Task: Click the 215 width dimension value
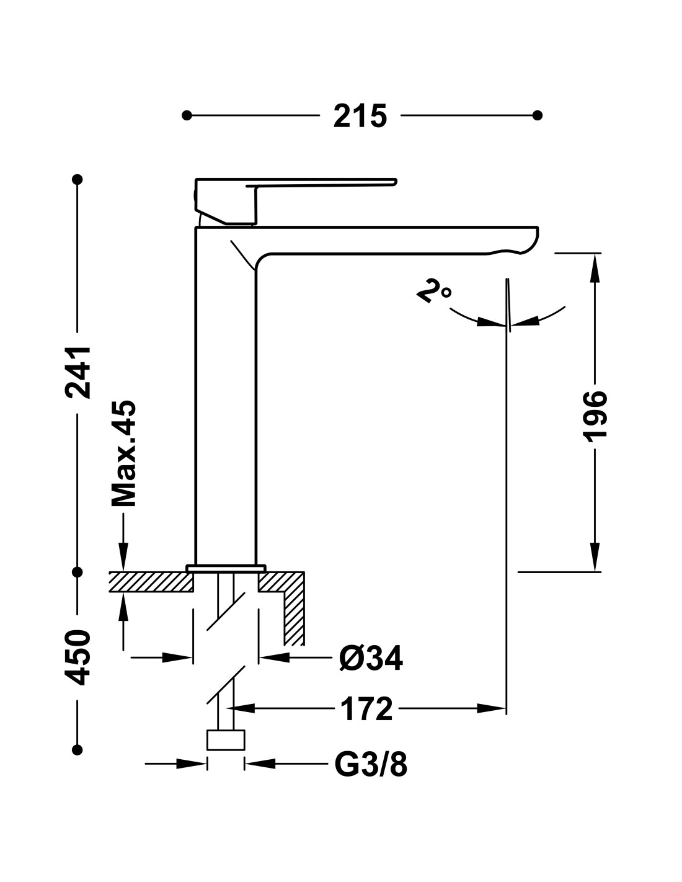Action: coord(360,116)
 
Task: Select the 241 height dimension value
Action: coord(78,372)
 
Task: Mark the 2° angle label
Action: coord(434,291)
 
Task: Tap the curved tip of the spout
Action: coord(528,241)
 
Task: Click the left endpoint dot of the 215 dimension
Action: coord(187,116)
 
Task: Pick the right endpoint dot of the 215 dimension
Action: coord(537,116)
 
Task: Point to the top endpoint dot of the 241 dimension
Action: coord(77,179)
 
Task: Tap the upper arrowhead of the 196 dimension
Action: coord(595,268)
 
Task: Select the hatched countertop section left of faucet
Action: coord(151,582)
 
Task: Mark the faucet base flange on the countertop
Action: coord(226,568)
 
